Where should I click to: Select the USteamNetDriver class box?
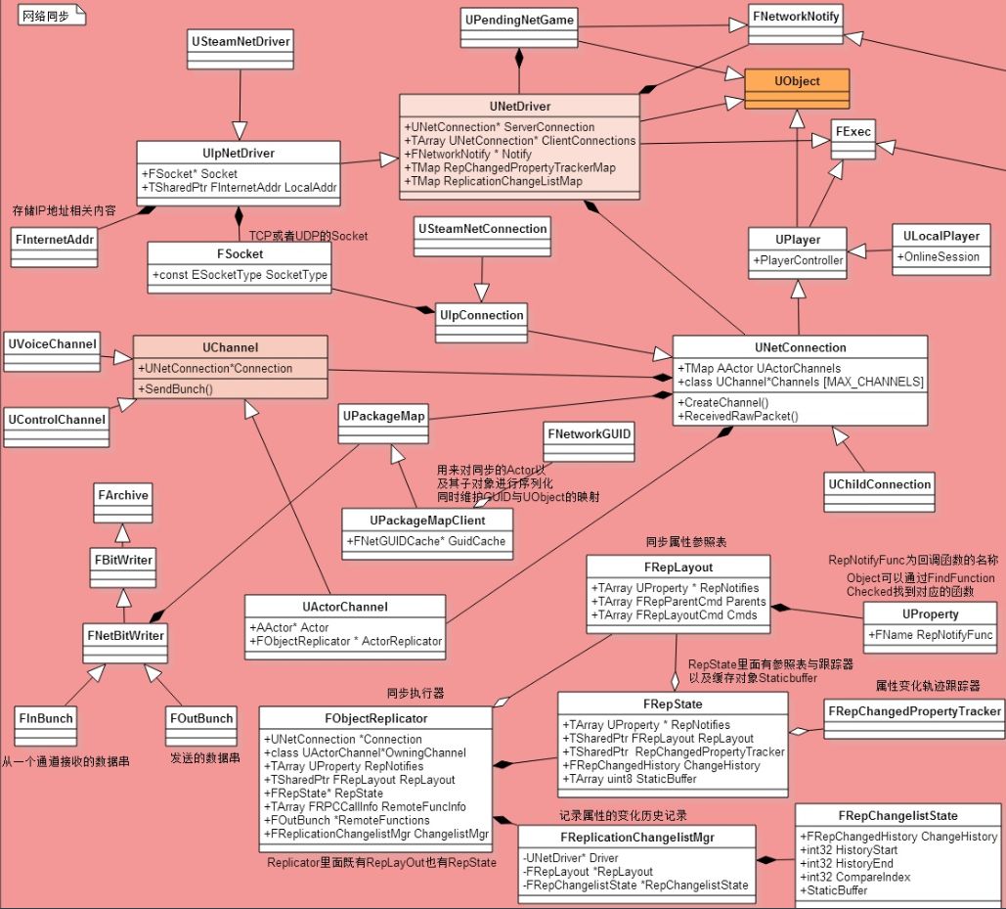click(241, 42)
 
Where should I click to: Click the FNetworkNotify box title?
click(795, 16)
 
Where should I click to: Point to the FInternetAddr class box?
click(55, 239)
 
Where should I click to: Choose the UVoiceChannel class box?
click(53, 344)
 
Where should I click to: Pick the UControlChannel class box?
click(57, 420)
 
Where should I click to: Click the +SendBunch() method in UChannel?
click(176, 388)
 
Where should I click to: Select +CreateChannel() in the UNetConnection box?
click(723, 402)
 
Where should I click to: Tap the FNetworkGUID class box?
click(590, 433)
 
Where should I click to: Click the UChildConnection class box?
click(879, 484)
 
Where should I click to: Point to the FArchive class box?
click(123, 495)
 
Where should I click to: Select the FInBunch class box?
click(45, 718)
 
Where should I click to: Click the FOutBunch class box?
click(201, 718)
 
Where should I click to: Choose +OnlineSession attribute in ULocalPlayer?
click(940, 256)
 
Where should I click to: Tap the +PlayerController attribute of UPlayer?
click(797, 260)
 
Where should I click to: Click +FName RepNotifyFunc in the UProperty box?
click(931, 635)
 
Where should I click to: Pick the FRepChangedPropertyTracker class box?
click(913, 711)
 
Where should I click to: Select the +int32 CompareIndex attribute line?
click(855, 877)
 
